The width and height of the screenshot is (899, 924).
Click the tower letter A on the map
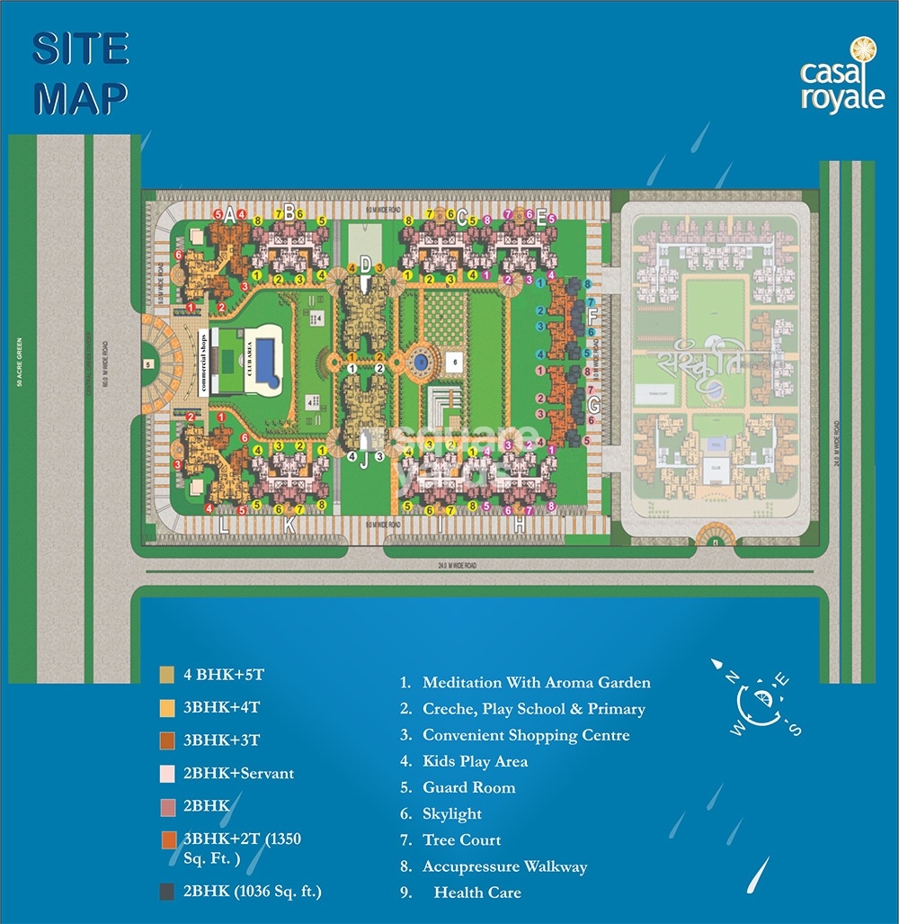tap(230, 215)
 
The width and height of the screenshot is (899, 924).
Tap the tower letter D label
tap(365, 264)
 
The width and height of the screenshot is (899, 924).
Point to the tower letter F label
tap(592, 316)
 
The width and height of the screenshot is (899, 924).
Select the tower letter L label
tap(224, 526)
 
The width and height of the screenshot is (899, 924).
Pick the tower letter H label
tap(520, 526)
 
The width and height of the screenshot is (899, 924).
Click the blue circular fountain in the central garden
tap(419, 362)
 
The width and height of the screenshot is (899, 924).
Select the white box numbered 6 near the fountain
tap(456, 361)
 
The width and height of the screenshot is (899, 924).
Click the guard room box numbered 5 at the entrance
tap(147, 364)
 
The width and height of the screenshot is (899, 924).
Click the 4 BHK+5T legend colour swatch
tap(167, 674)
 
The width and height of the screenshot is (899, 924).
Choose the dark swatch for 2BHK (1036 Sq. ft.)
tap(167, 892)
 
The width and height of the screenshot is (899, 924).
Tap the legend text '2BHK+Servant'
tap(238, 773)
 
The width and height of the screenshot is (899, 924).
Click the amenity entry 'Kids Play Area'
tap(475, 761)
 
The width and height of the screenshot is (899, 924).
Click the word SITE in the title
tap(81, 51)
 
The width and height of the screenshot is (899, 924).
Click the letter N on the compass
tap(733, 678)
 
